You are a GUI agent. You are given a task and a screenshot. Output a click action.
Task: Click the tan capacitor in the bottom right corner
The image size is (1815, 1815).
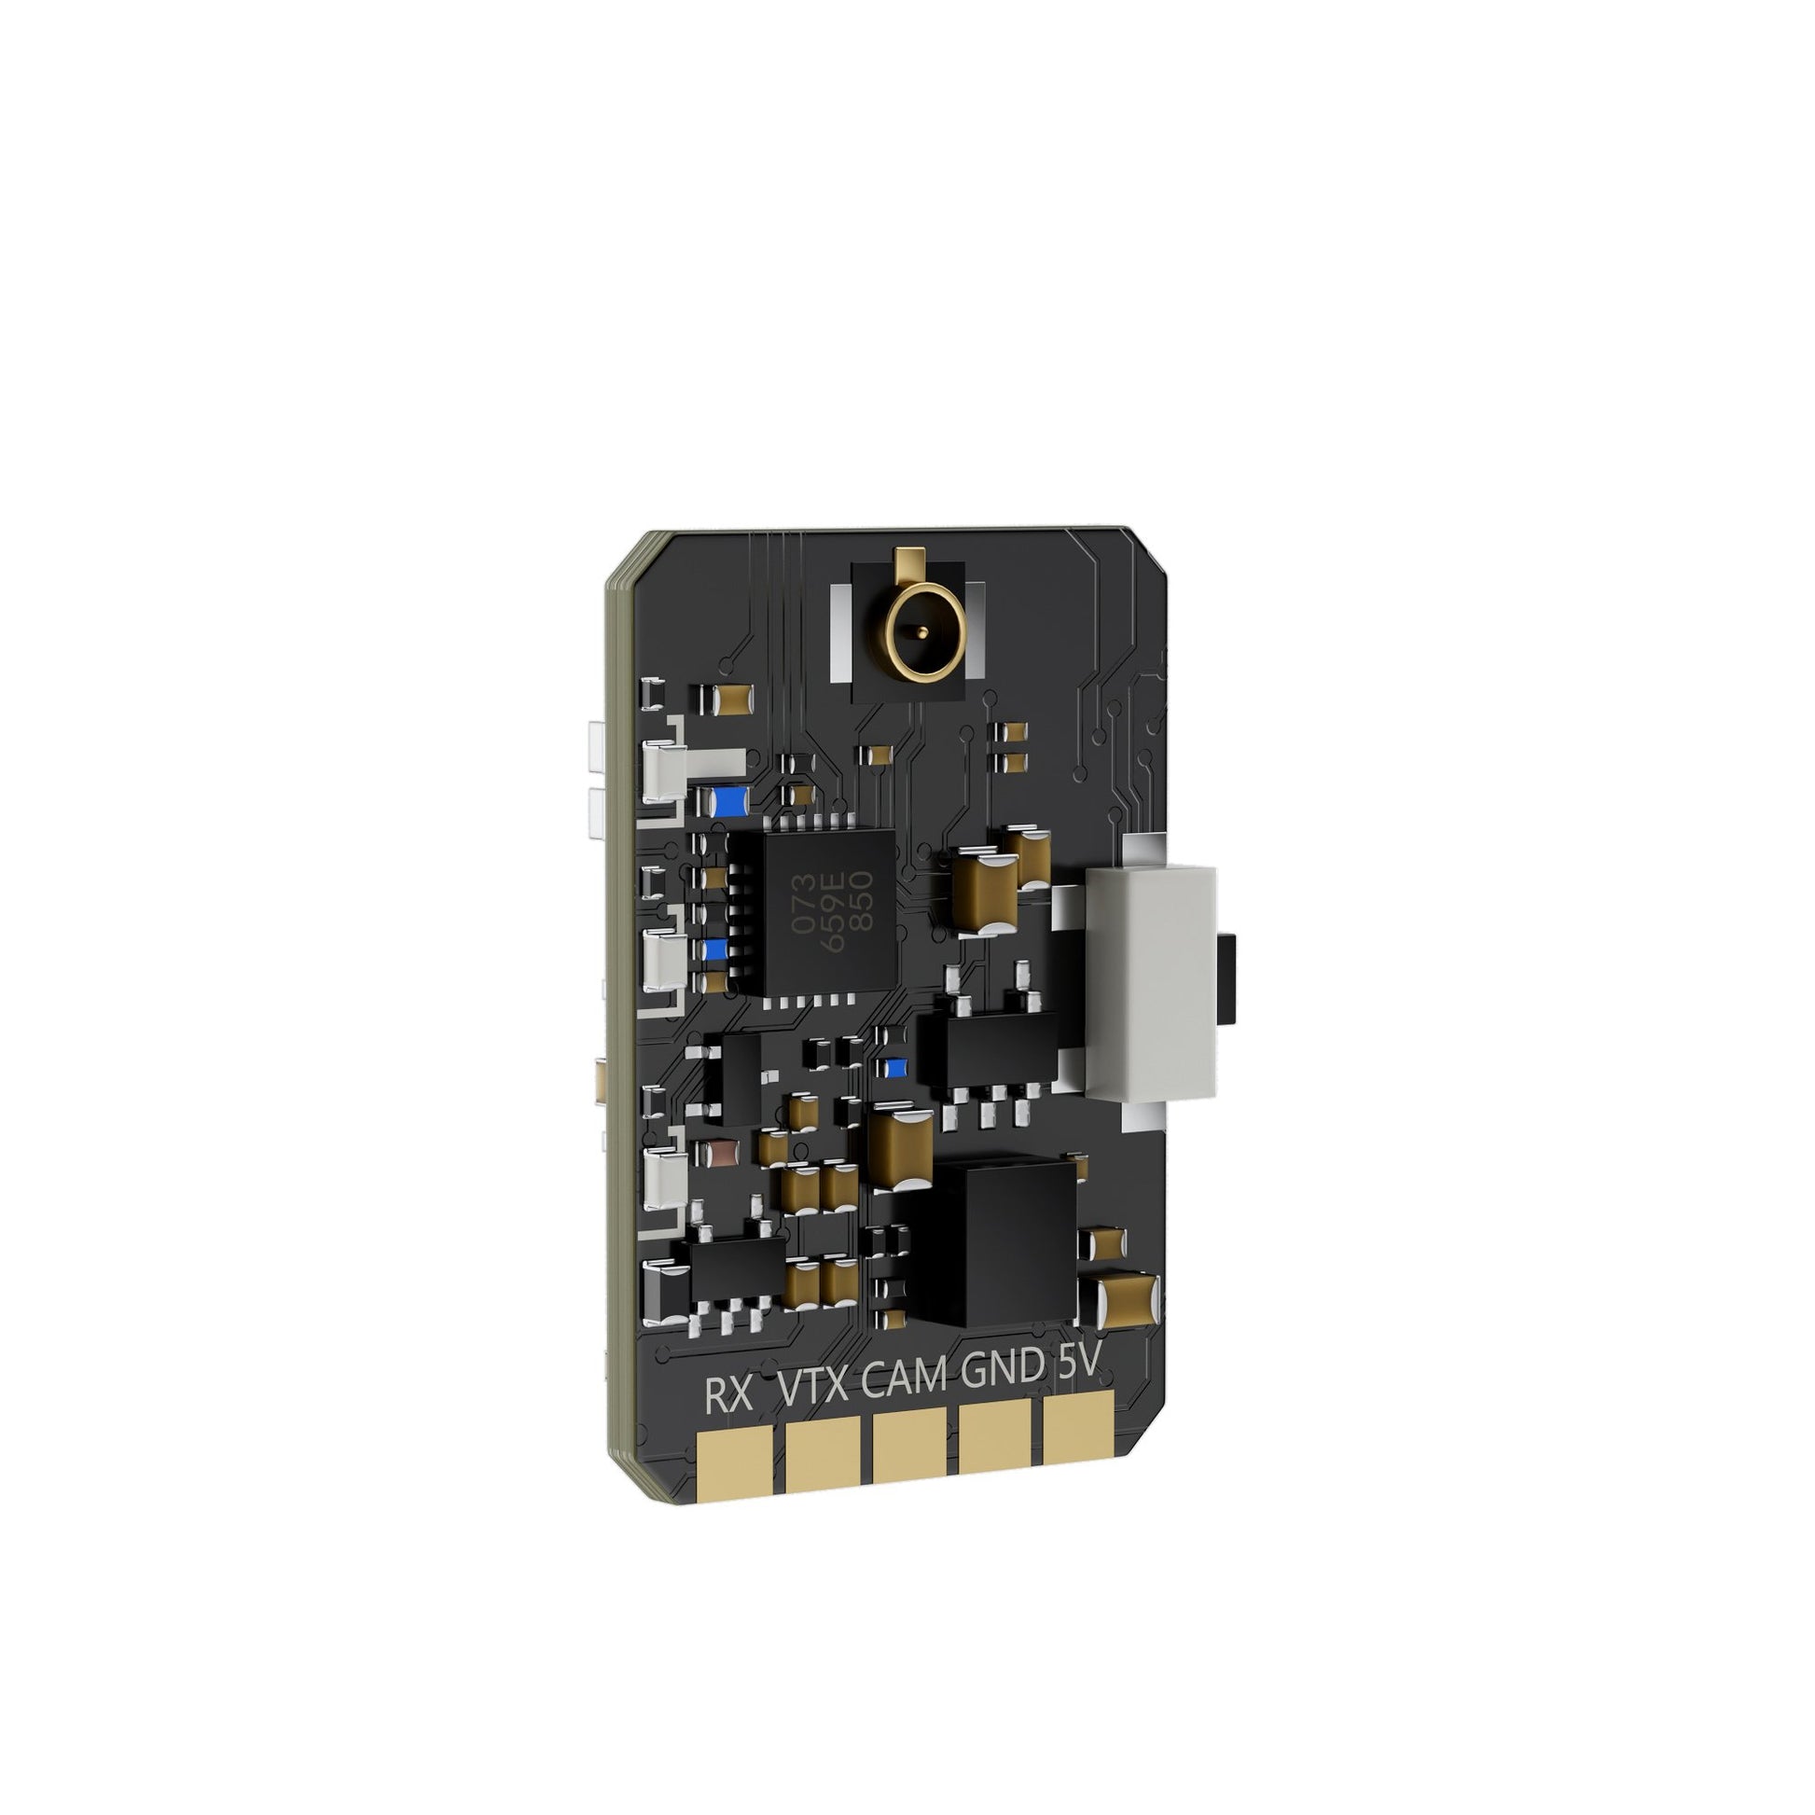click(1129, 1298)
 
